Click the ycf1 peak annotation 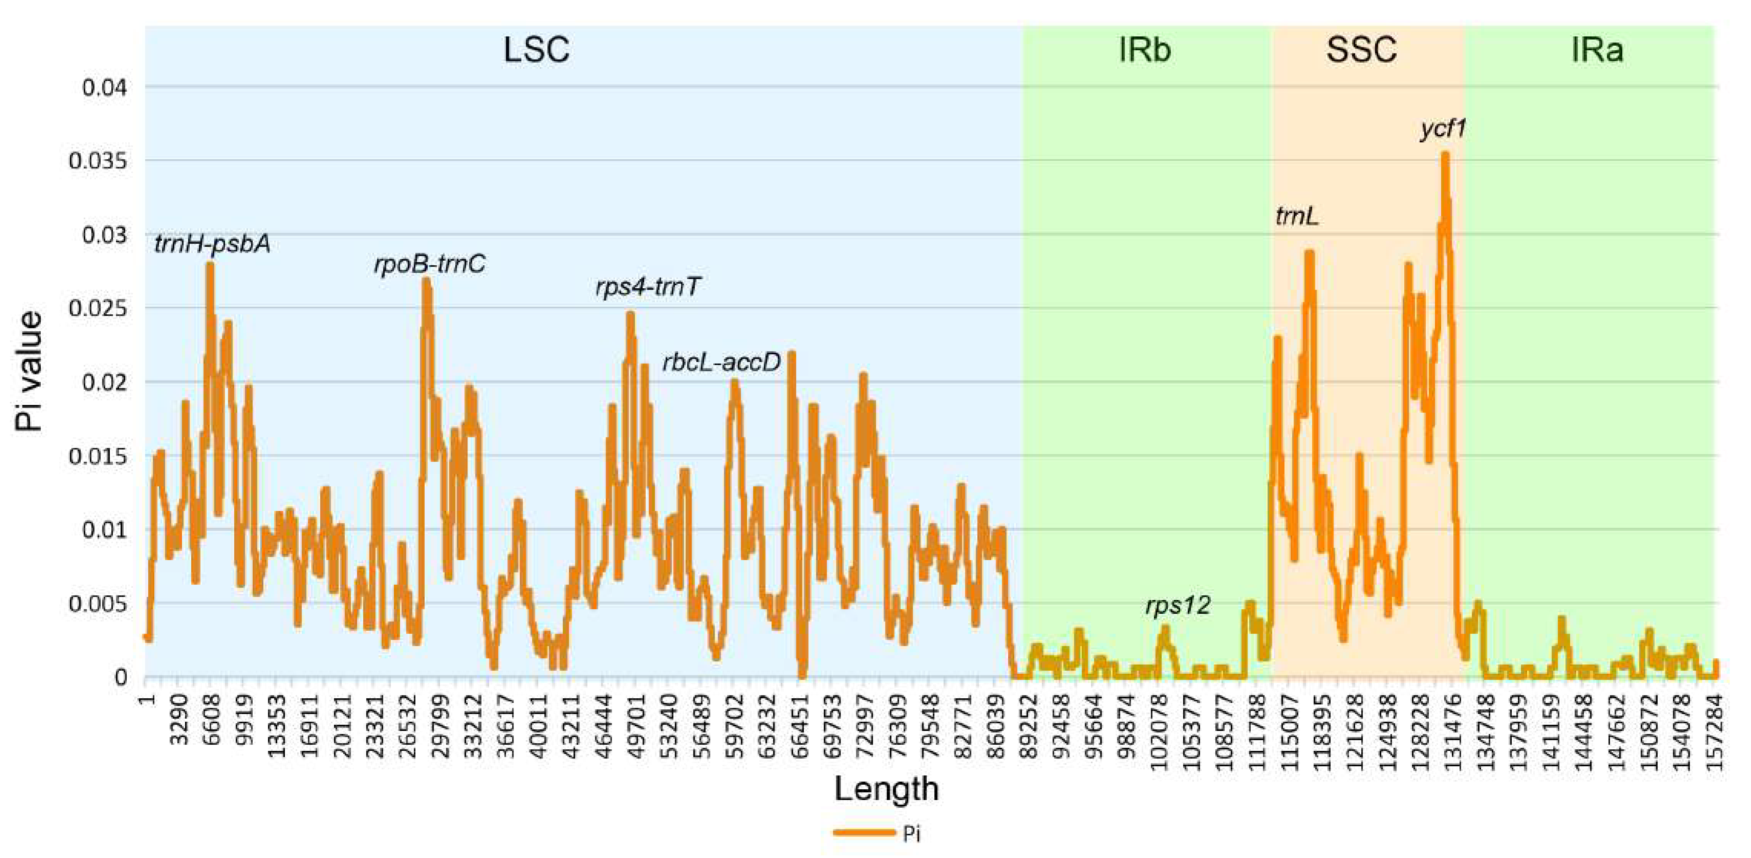click(1442, 128)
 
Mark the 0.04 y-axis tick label click(105, 88)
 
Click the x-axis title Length click(886, 789)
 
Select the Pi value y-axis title click(30, 372)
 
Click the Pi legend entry click(877, 833)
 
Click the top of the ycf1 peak click(1445, 155)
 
